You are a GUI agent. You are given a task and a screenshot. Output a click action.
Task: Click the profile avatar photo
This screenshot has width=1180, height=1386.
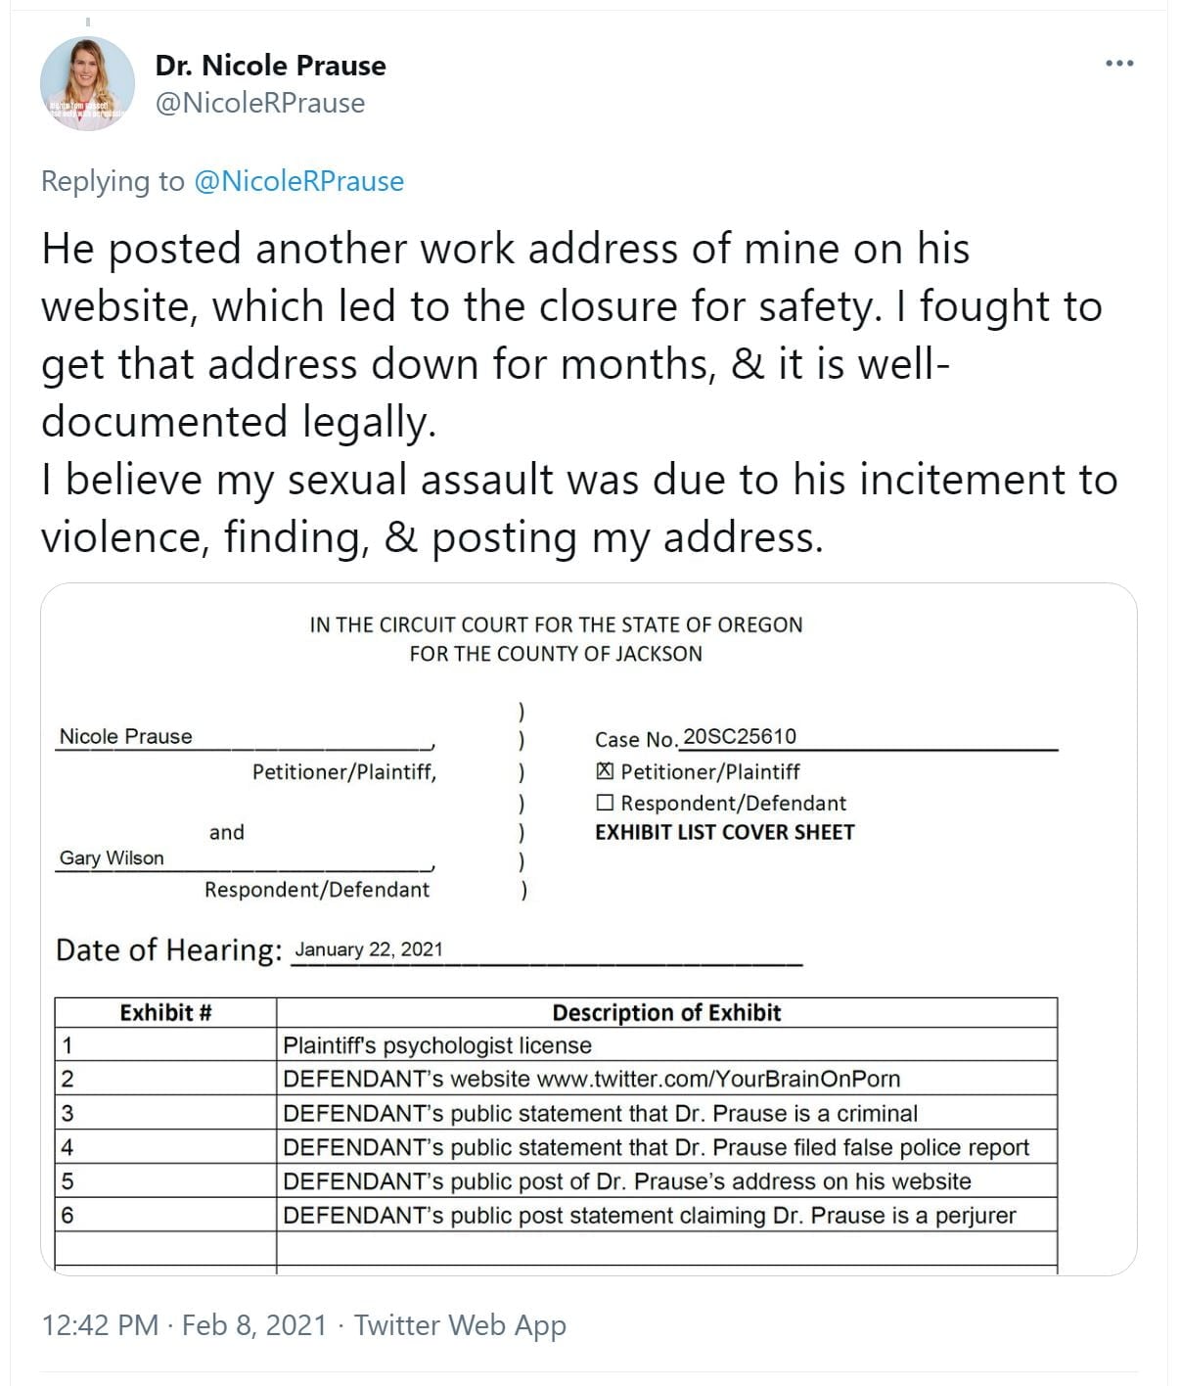[87, 84]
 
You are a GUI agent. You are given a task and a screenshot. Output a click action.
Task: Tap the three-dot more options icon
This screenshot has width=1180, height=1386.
[1119, 64]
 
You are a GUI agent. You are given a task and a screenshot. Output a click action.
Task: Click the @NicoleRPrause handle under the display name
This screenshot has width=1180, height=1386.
[260, 103]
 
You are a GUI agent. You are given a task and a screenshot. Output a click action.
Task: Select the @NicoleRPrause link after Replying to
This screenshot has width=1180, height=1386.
[299, 181]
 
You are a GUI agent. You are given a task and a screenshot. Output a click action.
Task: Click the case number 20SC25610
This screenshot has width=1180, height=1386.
[740, 736]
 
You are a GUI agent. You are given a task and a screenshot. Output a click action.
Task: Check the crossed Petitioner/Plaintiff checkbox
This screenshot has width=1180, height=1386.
[606, 771]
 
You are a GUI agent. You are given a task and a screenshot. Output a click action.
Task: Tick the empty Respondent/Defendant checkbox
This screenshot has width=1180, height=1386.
[606, 804]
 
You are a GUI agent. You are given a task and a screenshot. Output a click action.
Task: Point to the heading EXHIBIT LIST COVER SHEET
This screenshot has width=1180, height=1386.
[725, 832]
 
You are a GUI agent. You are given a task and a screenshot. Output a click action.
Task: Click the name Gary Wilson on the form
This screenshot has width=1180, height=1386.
[112, 858]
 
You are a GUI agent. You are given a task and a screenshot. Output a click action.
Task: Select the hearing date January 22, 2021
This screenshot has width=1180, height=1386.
[369, 949]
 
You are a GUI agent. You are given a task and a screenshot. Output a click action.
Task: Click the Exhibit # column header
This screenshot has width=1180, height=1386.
[165, 1013]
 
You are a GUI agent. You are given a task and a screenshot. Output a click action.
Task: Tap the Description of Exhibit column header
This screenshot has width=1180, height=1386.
[666, 1013]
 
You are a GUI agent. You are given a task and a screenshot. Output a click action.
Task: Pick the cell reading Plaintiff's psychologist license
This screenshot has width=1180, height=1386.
[437, 1045]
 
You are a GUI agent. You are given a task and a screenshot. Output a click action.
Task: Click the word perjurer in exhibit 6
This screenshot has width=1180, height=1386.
[976, 1216]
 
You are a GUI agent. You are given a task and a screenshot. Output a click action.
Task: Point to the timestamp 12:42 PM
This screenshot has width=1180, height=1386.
[100, 1325]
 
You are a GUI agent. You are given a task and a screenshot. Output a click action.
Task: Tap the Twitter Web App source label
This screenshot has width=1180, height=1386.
[460, 1325]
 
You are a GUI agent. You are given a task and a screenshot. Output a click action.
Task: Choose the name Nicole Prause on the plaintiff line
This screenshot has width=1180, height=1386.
[126, 737]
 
